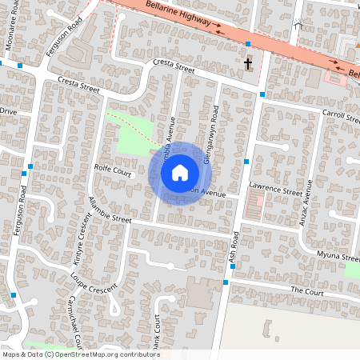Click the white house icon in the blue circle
(x=180, y=172)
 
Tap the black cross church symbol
(x=248, y=63)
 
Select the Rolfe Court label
(x=112, y=170)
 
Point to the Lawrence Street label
(x=275, y=192)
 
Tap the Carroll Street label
(x=342, y=117)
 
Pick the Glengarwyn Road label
(x=210, y=136)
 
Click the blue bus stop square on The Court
(x=226, y=282)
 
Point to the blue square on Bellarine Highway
(x=249, y=43)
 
